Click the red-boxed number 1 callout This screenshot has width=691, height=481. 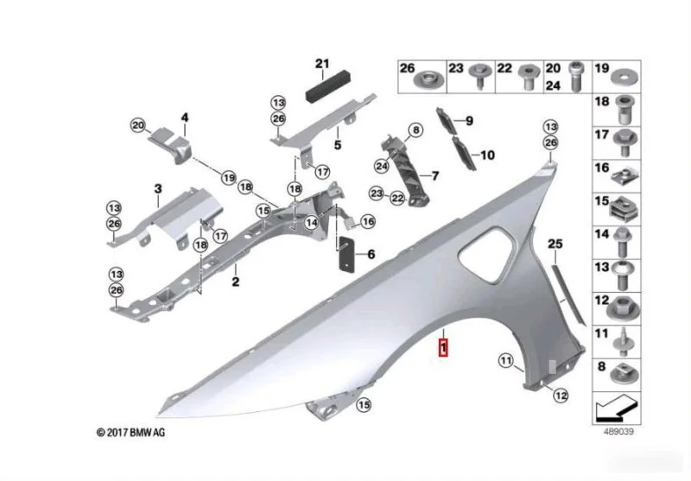(443, 347)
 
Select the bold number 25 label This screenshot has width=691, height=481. (555, 244)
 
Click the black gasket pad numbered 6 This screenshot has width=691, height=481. (346, 254)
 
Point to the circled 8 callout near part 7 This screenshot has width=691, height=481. (415, 130)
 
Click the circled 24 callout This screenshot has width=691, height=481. (382, 166)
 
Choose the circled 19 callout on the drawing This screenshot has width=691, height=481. (229, 178)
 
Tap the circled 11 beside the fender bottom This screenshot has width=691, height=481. (506, 361)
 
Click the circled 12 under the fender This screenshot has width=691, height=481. (561, 396)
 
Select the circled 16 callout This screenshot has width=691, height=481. (368, 222)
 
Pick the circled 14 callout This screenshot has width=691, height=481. (312, 223)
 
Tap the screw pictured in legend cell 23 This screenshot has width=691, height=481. (479, 76)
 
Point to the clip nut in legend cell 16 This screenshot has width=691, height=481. (624, 176)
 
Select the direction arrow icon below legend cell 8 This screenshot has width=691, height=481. (616, 408)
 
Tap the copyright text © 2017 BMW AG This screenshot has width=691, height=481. (131, 433)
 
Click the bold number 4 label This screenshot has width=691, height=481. (185, 117)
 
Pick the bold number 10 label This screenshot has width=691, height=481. (487, 155)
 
